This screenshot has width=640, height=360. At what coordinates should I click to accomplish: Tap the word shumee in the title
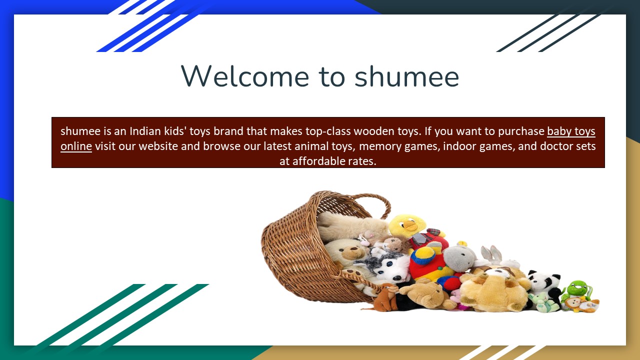point(406,76)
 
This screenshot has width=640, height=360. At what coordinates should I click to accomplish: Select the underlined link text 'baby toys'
point(571,131)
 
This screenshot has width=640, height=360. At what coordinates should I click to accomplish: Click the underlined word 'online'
point(76,146)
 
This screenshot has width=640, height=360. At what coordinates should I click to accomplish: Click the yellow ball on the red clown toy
point(424,255)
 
